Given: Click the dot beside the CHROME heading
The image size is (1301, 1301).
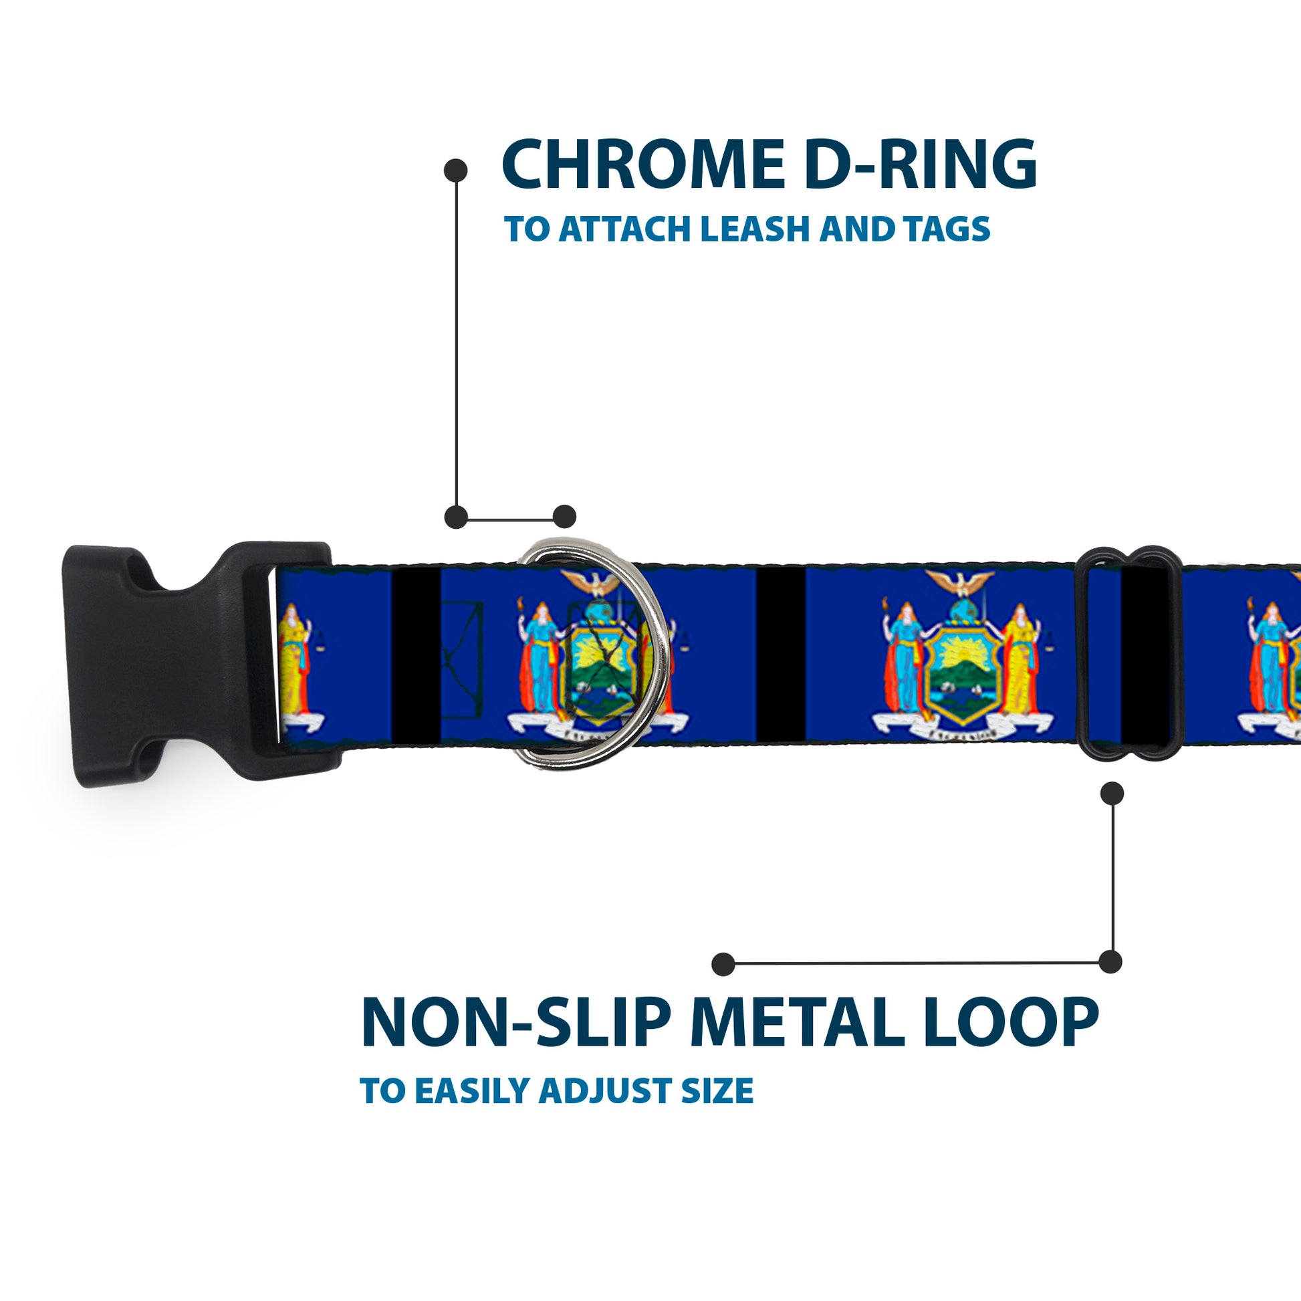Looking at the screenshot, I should click(x=456, y=170).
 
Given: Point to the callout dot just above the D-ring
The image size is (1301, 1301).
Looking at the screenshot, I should click(x=564, y=517).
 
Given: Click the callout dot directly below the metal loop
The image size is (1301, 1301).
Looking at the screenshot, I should click(x=1112, y=794).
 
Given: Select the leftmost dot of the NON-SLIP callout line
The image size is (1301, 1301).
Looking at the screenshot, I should click(x=723, y=963).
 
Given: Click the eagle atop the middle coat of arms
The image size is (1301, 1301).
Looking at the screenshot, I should click(x=959, y=581).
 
